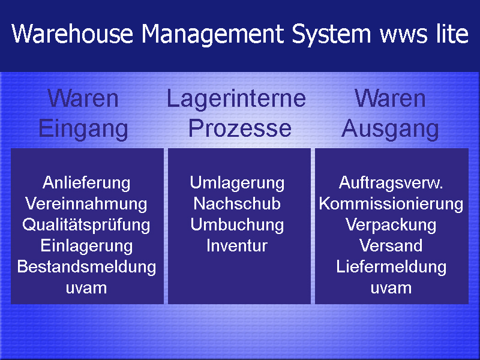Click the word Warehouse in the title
click(x=72, y=34)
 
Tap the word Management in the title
click(x=213, y=35)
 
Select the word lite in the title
click(x=452, y=33)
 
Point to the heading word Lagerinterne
click(x=236, y=100)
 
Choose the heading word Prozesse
click(x=239, y=128)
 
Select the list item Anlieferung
click(x=86, y=184)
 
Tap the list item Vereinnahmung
click(x=86, y=204)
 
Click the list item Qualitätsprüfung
click(x=86, y=226)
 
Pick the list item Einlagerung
click(x=86, y=246)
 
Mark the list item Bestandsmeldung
click(x=86, y=266)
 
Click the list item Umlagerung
click(x=237, y=184)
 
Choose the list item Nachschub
click(x=237, y=203)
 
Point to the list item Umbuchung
click(x=237, y=226)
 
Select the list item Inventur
click(x=237, y=245)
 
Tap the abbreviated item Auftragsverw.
click(x=391, y=184)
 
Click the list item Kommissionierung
click(x=391, y=204)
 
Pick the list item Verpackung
click(x=391, y=226)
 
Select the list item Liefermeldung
click(x=391, y=266)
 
